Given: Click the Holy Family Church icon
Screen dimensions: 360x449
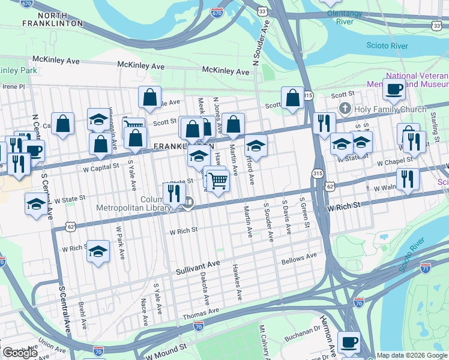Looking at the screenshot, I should (344, 109).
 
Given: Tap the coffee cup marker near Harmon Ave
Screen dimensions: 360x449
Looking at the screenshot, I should (349, 343).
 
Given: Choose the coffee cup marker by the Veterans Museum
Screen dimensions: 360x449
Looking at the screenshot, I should (394, 89).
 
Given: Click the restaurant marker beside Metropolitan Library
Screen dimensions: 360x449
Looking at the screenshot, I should (172, 194).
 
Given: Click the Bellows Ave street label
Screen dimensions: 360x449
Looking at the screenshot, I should (298, 259).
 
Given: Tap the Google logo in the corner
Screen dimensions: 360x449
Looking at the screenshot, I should (20, 352).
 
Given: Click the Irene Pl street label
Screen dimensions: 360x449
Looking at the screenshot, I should (13, 86).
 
